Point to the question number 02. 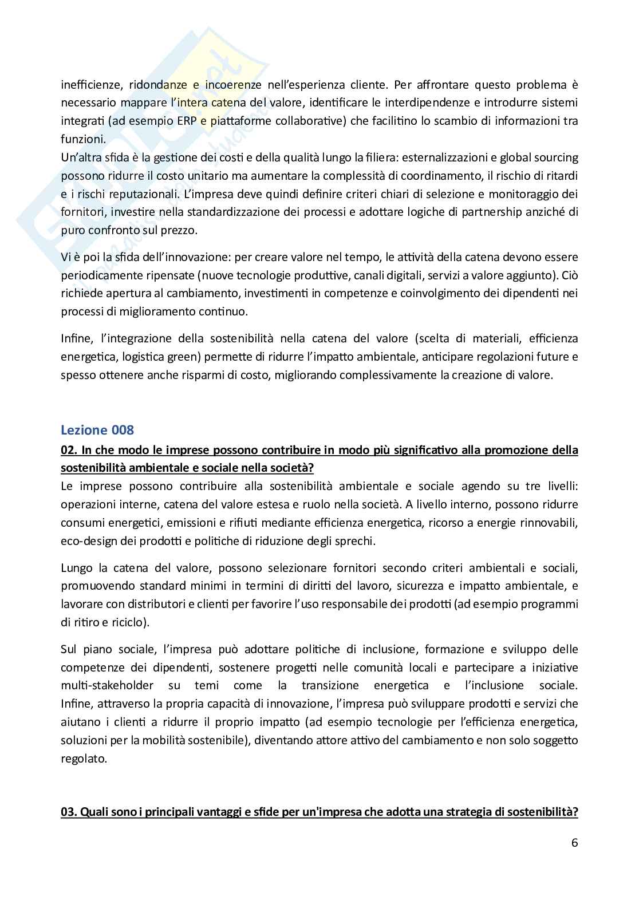tap(68, 449)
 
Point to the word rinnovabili tap(549, 522)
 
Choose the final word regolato tap(83, 759)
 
